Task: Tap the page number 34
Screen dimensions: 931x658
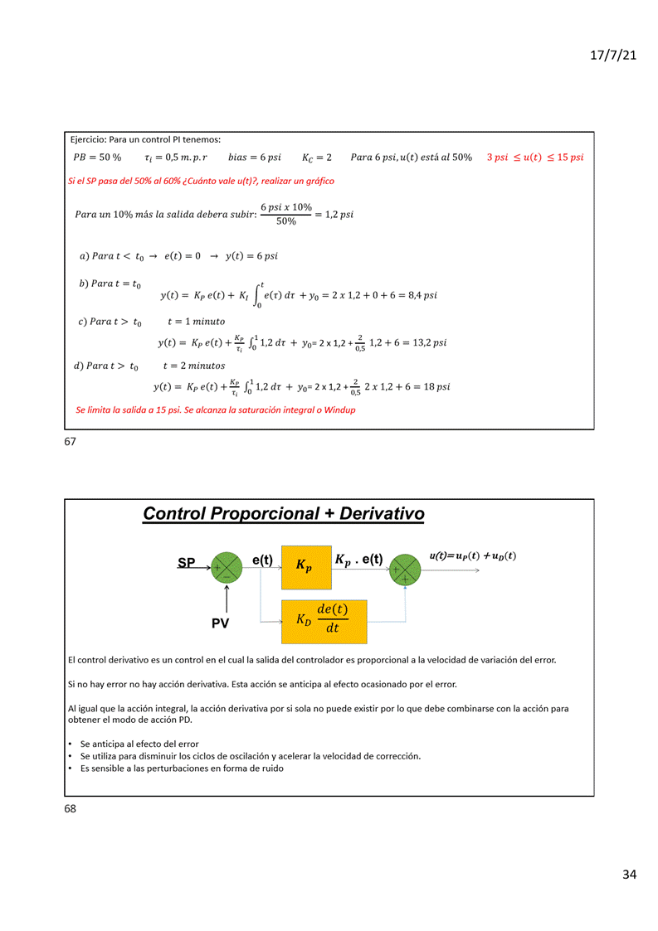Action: (629, 875)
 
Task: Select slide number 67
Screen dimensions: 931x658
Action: (70, 442)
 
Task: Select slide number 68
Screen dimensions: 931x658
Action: (70, 808)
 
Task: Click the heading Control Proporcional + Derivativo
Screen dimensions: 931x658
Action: (283, 514)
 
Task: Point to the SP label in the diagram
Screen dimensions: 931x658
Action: (187, 563)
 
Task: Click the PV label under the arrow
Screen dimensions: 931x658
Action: (220, 623)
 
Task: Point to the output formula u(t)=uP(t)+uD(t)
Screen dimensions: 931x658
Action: (472, 556)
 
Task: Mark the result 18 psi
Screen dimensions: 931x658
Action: (435, 386)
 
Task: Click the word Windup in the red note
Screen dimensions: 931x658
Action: (339, 410)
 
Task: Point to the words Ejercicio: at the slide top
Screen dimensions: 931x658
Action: (90, 139)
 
